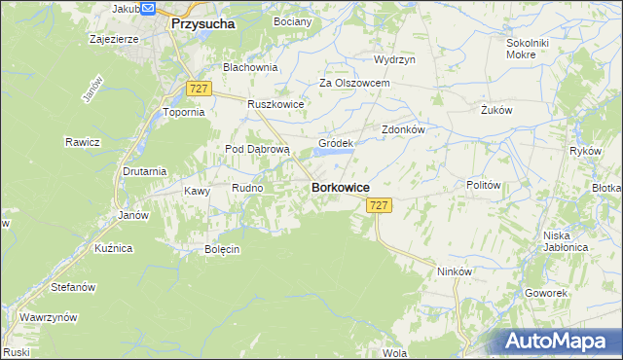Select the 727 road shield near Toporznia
pyautogui.click(x=200, y=89)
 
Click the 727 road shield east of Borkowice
pyautogui.click(x=380, y=205)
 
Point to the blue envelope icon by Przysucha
pyautogui.click(x=148, y=8)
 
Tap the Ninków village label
pyautogui.click(x=455, y=271)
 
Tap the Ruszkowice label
pyautogui.click(x=276, y=104)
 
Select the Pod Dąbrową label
pyautogui.click(x=258, y=149)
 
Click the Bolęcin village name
pyautogui.click(x=222, y=249)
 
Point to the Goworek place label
pyautogui.click(x=544, y=292)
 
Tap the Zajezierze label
pyautogui.click(x=113, y=41)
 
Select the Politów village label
pyautogui.click(x=484, y=185)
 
